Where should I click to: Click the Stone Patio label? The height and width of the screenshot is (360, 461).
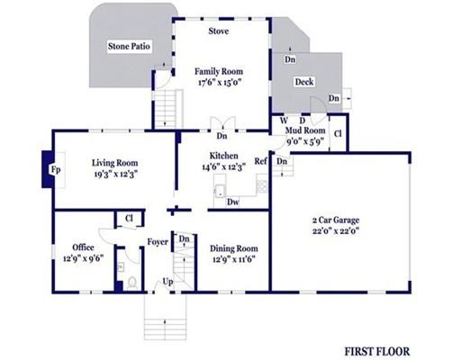tap(129, 46)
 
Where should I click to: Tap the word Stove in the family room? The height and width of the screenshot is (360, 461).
tap(219, 31)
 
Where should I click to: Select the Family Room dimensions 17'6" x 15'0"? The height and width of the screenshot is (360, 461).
tap(220, 82)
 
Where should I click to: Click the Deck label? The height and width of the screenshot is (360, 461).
tap(304, 82)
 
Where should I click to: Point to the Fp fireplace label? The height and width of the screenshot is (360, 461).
tap(56, 170)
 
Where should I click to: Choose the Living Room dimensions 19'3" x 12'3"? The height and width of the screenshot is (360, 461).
tap(116, 175)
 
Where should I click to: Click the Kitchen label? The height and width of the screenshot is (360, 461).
tap(223, 156)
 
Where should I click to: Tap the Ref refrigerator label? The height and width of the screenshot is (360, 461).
tap(260, 161)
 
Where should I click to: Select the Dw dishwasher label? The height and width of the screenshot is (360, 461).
tap(233, 202)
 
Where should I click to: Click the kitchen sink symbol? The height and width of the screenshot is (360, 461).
tap(220, 192)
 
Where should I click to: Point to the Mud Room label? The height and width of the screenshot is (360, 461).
tap(305, 130)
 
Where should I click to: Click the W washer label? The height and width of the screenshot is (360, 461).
tap(284, 121)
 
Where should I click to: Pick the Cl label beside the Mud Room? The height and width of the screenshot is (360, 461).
tap(338, 133)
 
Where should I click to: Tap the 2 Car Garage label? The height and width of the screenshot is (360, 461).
tap(336, 220)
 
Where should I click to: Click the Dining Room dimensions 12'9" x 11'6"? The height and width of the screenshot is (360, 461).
tap(234, 259)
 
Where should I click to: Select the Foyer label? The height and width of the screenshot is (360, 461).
tap(158, 242)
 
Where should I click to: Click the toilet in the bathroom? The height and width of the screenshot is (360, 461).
tap(132, 283)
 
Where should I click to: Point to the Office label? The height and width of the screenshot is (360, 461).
tap(83, 247)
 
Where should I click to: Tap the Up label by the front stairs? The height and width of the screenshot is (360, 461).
tap(167, 282)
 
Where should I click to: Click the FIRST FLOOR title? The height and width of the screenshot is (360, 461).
tap(377, 351)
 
